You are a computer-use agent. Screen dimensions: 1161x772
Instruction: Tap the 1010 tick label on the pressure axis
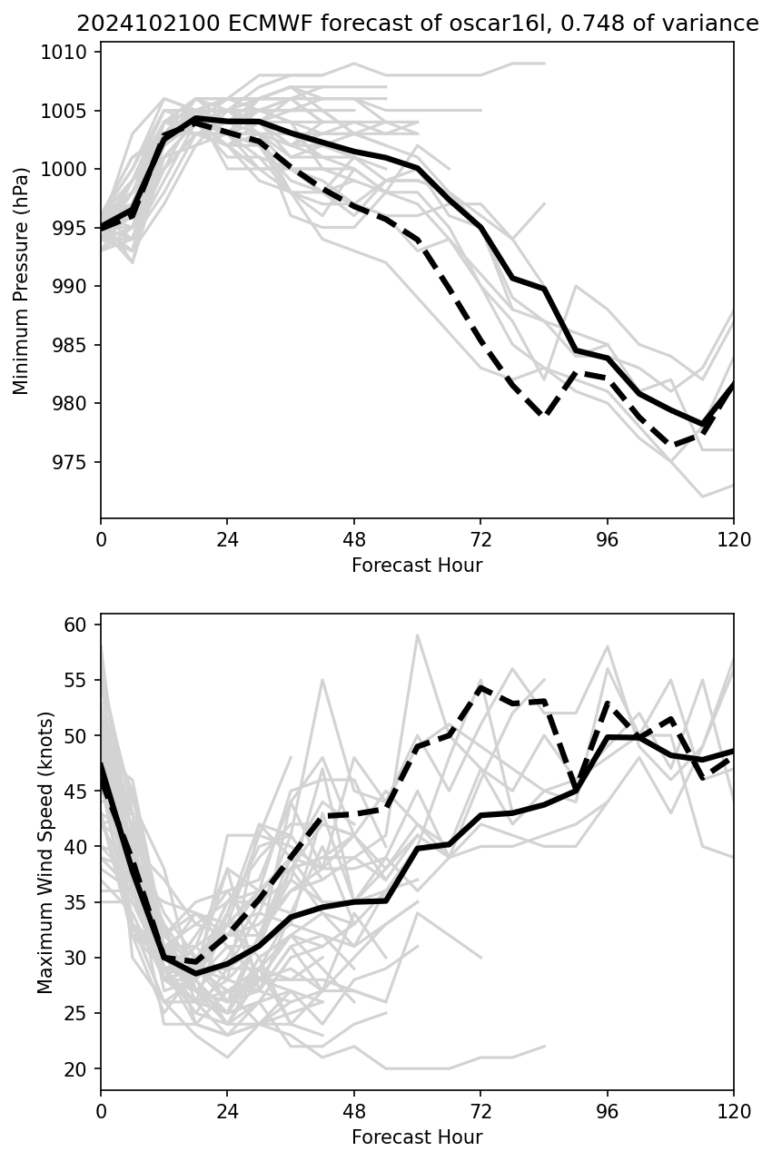pyautogui.click(x=69, y=53)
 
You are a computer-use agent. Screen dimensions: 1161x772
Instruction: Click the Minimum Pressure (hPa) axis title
pyautogui.click(x=22, y=280)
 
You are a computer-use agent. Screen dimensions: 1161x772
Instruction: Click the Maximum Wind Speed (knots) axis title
pyautogui.click(x=45, y=852)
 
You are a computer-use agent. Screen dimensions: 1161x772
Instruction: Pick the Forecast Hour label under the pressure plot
pyautogui.click(x=417, y=566)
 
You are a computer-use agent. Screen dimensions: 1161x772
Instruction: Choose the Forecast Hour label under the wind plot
pyautogui.click(x=417, y=1137)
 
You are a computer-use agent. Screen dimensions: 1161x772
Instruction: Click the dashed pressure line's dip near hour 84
pyautogui.click(x=544, y=415)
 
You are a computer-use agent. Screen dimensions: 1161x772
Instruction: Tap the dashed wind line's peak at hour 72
pyautogui.click(x=480, y=687)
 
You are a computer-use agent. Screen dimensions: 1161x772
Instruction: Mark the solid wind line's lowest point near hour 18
pyautogui.click(x=195, y=973)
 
